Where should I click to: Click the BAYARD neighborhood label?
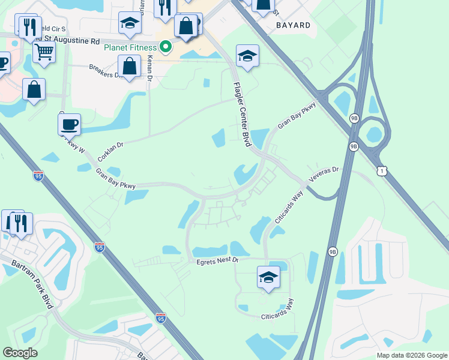coord(294,25)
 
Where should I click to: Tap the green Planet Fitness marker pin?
coord(167,47)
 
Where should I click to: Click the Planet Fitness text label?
coord(130,47)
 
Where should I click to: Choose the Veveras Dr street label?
coord(324,175)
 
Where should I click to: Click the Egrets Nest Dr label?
coord(217,260)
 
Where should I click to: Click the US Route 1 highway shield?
coord(382,172)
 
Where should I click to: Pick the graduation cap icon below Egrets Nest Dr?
coord(268,277)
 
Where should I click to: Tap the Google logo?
coord(20,353)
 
